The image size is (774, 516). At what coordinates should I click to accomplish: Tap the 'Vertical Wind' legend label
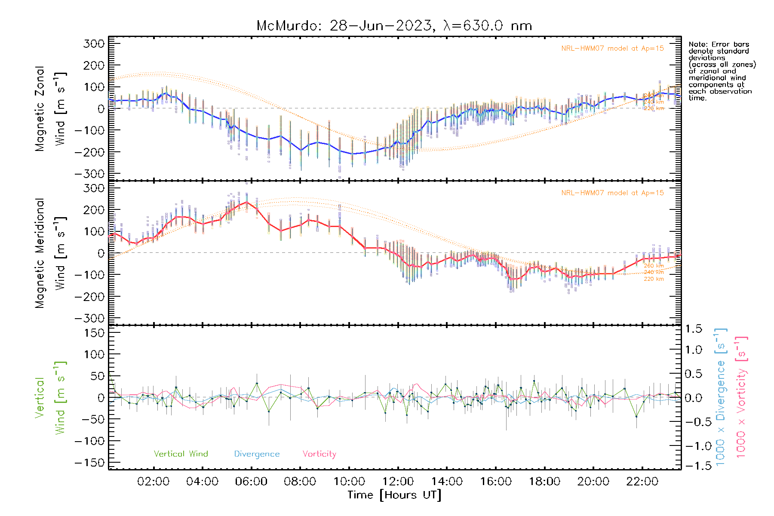[x=181, y=454]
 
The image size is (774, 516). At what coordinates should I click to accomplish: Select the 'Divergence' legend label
[x=257, y=454]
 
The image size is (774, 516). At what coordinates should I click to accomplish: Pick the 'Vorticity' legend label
[x=319, y=454]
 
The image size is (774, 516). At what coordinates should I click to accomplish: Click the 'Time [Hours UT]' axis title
[x=394, y=495]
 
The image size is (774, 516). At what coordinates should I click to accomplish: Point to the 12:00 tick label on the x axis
[x=398, y=482]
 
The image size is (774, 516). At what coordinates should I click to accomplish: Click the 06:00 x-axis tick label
[x=251, y=482]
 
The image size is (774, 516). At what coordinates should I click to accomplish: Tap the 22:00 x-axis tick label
[x=642, y=482]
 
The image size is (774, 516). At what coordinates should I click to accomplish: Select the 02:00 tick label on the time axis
[x=153, y=482]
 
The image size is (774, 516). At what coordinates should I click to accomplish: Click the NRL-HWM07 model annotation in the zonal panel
[x=612, y=49]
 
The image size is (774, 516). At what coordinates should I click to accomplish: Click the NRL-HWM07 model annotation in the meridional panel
[x=612, y=193]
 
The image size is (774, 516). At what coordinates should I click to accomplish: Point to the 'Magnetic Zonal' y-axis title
[x=40, y=109]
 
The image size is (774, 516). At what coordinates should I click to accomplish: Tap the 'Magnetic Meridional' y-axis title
[x=40, y=253]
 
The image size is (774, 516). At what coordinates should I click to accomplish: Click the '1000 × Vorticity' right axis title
[x=741, y=396]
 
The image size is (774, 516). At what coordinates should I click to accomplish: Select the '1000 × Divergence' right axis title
[x=720, y=396]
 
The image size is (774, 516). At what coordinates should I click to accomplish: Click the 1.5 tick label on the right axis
[x=693, y=329]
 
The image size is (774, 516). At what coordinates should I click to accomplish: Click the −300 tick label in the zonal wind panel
[x=89, y=174]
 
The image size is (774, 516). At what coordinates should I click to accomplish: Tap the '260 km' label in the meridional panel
[x=654, y=266]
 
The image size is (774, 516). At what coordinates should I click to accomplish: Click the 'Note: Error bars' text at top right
[x=719, y=44]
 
